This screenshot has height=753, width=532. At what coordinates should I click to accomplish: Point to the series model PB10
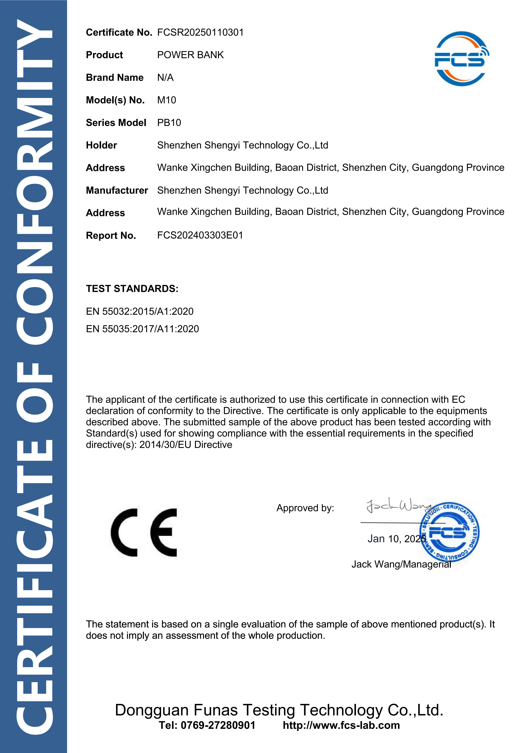click(x=169, y=123)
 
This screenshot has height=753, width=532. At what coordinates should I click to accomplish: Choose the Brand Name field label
click(x=115, y=78)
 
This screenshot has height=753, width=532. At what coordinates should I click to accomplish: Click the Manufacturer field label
click(x=117, y=191)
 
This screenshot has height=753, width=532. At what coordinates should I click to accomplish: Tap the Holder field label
click(x=101, y=145)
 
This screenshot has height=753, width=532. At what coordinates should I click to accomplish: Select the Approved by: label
click(x=305, y=508)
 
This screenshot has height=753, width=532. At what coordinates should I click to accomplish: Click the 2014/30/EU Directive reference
click(x=186, y=445)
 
